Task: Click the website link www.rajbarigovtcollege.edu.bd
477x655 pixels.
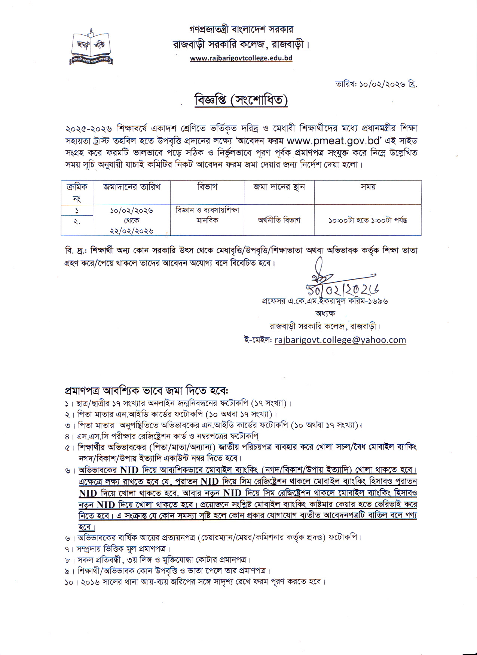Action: tap(241, 58)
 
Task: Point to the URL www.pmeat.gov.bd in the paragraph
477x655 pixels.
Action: tap(334, 141)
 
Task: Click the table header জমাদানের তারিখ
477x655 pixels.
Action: tap(132, 187)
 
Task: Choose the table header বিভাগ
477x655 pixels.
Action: tap(207, 187)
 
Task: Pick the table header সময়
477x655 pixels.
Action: tap(368, 187)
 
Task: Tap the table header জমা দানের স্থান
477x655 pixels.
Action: tap(279, 187)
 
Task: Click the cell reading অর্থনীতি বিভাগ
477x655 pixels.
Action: tap(279, 220)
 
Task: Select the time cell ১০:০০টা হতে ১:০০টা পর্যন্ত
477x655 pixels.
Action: tap(368, 220)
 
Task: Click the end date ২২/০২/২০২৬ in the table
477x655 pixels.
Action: tap(132, 231)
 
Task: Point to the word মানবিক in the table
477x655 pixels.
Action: tap(207, 220)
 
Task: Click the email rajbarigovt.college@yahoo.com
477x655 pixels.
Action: tap(340, 340)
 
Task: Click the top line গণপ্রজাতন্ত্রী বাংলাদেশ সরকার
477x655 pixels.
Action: tap(241, 29)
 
